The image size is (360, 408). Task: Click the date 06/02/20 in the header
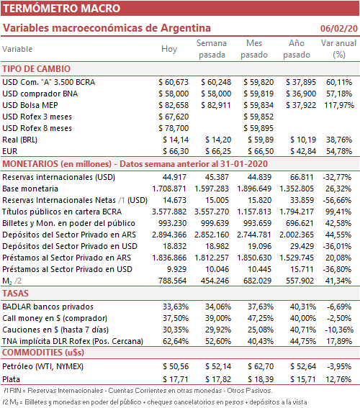339,28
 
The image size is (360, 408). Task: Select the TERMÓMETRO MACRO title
61,8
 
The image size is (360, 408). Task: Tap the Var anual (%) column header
338,49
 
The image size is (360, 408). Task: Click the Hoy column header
169,49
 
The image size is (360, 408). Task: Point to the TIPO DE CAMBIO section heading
37,68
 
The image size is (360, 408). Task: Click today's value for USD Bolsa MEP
174,105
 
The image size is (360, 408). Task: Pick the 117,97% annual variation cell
339,105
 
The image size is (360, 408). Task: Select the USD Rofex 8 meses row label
37,128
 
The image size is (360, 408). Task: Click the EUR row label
10,151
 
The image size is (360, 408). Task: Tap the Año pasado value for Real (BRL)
303,140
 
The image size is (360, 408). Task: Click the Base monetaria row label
30,189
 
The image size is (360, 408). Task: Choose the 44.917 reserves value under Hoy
174,177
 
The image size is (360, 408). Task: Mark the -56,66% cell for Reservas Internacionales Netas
337,200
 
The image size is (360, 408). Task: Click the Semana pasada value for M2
215,281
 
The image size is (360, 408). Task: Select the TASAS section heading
15,294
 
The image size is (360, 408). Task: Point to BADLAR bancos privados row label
48,307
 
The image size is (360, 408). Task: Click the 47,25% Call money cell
261,318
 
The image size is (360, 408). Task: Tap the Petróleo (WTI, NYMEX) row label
43,367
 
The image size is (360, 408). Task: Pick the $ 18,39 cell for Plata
261,379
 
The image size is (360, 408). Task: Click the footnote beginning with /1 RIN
138,391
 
